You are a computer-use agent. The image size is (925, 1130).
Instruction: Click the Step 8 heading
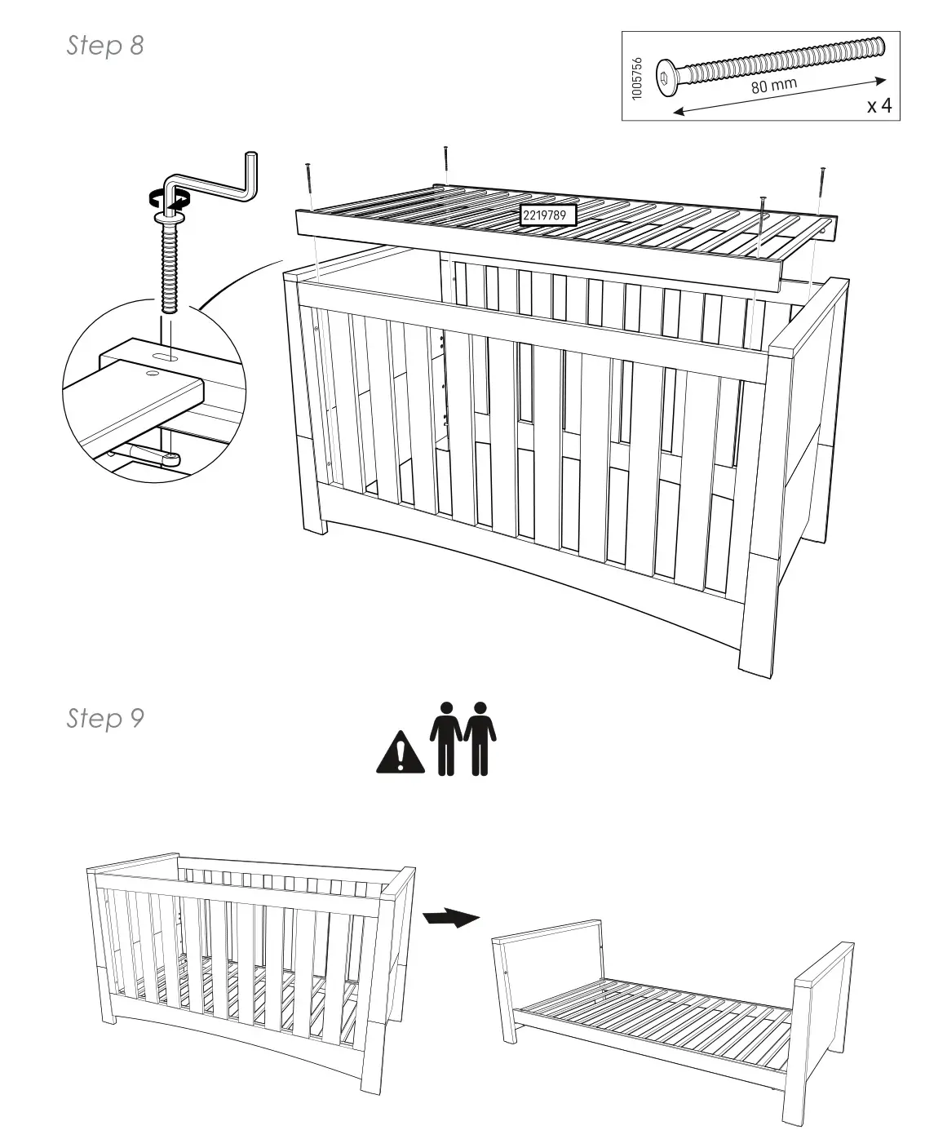105,46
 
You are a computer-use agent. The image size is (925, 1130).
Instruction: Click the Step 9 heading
105,718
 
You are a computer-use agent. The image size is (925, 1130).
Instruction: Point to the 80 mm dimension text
773,85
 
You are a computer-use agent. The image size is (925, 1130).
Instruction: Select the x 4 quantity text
879,106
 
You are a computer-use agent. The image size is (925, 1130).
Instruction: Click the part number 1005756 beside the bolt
638,78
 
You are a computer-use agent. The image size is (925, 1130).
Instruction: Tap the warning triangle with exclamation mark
400,754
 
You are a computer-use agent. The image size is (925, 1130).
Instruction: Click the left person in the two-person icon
445,738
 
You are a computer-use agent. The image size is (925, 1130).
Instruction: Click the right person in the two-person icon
480,738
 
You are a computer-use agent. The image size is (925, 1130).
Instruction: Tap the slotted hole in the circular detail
165,357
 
